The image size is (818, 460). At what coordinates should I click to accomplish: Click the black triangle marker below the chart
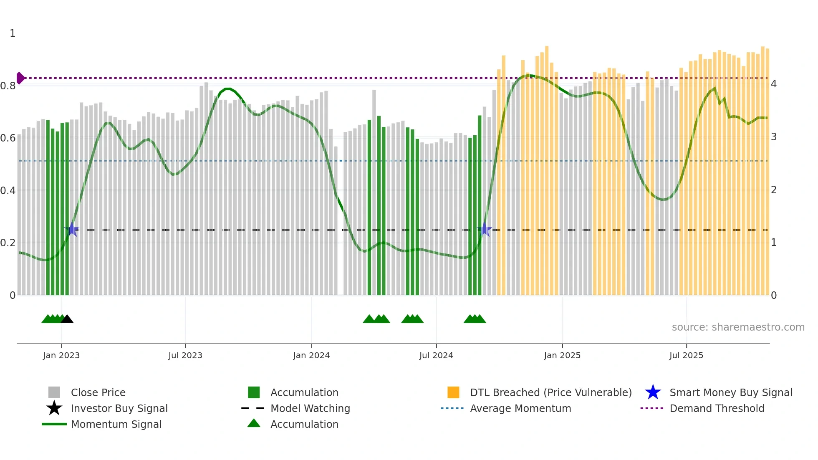pos(67,319)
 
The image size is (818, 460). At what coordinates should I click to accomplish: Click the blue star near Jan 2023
pos(72,229)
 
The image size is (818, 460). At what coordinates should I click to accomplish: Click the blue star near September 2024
pos(485,230)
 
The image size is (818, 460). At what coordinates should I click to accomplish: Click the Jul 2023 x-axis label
pos(185,355)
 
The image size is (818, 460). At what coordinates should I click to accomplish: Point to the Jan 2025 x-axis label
pos(562,355)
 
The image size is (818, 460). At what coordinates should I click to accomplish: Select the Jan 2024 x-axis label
pos(311,355)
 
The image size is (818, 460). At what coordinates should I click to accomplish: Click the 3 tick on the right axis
pos(774,137)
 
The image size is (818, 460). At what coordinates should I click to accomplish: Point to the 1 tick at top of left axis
pos(13,33)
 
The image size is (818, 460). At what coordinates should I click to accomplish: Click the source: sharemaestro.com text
pos(738,327)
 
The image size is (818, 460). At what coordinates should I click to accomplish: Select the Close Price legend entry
pos(98,392)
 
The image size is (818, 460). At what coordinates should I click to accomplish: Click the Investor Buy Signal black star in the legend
pos(54,408)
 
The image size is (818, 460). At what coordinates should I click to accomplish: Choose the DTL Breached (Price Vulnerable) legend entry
pos(550,392)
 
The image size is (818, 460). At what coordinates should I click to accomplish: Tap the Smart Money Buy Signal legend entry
pos(730,392)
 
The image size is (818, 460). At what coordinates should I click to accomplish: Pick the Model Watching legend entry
pos(310,408)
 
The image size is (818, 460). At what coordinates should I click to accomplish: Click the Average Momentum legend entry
pos(520,408)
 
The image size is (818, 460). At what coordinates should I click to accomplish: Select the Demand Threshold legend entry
pos(717,408)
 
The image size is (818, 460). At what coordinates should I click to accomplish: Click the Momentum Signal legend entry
pos(116,424)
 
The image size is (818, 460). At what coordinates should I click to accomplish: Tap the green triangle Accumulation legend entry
pos(254,423)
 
